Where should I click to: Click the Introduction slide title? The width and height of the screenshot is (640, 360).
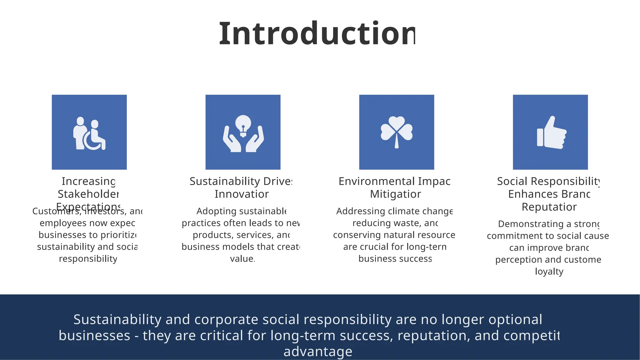317,33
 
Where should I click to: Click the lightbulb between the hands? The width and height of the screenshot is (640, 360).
243,125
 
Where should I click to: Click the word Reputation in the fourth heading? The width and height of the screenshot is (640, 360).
549,207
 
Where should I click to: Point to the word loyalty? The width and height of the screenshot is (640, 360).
549,271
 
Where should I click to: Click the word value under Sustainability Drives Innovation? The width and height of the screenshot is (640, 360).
242,259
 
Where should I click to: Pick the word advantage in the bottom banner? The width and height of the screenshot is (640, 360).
318,352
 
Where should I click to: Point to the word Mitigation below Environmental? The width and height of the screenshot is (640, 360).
395,194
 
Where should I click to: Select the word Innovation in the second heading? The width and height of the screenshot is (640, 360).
242,194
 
